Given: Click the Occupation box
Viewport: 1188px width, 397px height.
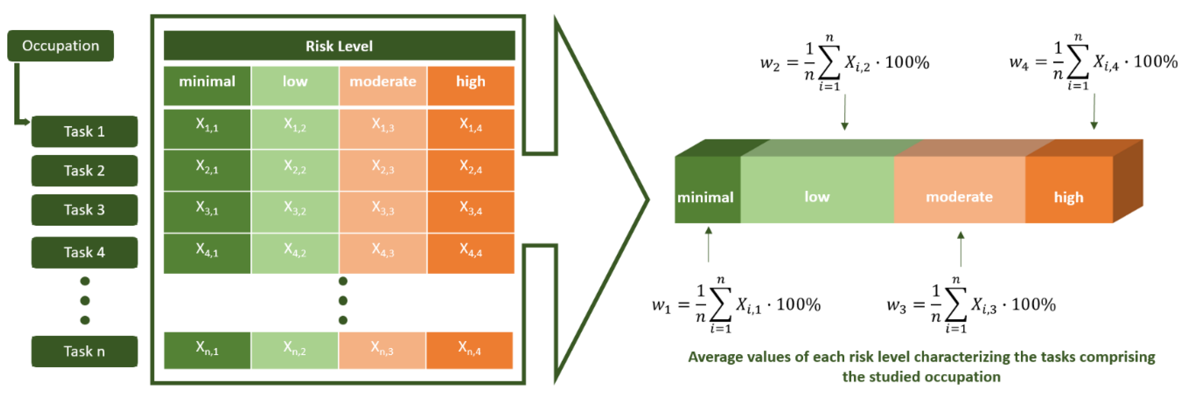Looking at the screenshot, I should click(x=61, y=46).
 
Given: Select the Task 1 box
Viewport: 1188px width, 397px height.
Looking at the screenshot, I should click(x=85, y=131).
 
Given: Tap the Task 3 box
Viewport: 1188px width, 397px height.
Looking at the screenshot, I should click(x=85, y=210).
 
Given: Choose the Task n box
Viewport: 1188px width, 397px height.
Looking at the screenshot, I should click(x=85, y=351).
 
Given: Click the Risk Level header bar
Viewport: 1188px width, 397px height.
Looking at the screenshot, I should click(x=339, y=46).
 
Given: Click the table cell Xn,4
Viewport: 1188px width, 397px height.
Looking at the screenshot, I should click(x=470, y=350).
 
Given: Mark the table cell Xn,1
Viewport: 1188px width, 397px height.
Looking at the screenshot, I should click(x=207, y=350).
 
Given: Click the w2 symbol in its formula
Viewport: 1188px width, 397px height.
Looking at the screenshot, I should click(x=769, y=63).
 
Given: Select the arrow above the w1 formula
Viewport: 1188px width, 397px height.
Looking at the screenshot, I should click(x=708, y=244).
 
